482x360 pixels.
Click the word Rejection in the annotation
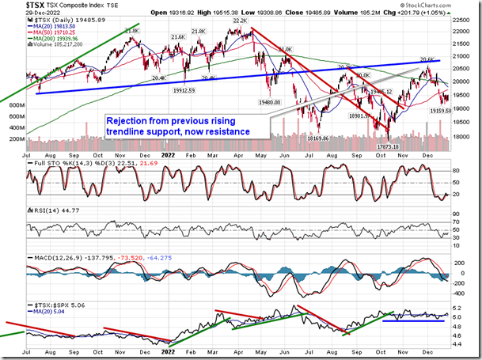[x=131, y=120]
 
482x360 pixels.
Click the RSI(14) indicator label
[x=43, y=210]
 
